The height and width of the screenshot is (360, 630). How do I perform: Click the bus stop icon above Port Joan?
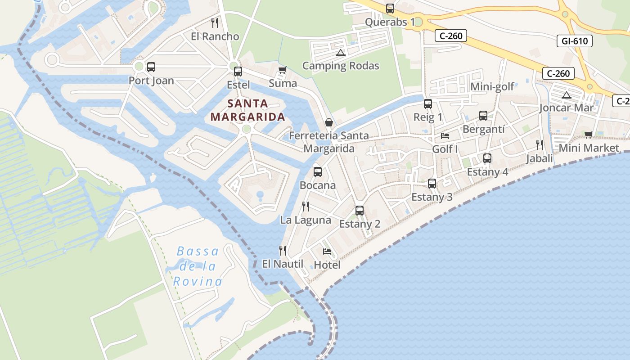pyautogui.click(x=151, y=67)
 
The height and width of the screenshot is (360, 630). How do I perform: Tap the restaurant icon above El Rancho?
pyautogui.click(x=215, y=22)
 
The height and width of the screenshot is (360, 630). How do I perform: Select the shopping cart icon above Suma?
pyautogui.click(x=283, y=70)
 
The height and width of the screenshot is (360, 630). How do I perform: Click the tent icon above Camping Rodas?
pyautogui.click(x=341, y=53)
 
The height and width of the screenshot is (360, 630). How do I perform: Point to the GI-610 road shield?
pyautogui.click(x=575, y=41)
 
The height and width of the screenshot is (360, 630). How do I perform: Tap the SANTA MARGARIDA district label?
pyautogui.click(x=247, y=110)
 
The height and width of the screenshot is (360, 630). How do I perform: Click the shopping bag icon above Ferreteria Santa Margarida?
pyautogui.click(x=329, y=122)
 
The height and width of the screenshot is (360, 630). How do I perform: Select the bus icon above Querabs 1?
pyautogui.click(x=390, y=8)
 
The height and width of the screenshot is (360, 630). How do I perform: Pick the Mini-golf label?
pyautogui.click(x=492, y=87)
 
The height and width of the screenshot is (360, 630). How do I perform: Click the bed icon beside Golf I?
pyautogui.click(x=445, y=135)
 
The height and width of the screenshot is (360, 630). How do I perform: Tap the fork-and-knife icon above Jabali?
pyautogui.click(x=539, y=144)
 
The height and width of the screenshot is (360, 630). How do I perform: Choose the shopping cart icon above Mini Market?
pyautogui.click(x=588, y=135)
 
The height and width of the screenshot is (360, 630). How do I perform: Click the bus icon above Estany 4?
pyautogui.click(x=487, y=158)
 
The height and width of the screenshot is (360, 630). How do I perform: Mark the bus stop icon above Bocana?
pyautogui.click(x=318, y=171)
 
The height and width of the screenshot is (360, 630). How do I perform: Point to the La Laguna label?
pyautogui.click(x=306, y=220)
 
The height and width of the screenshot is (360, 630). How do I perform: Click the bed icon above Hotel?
pyautogui.click(x=327, y=251)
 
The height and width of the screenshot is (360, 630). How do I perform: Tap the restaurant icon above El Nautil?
pyautogui.click(x=283, y=250)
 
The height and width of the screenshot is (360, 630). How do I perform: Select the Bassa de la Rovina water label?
pyautogui.click(x=198, y=266)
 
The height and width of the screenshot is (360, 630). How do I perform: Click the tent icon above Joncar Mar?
pyautogui.click(x=566, y=95)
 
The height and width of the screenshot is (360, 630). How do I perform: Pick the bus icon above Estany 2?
pyautogui.click(x=360, y=210)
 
